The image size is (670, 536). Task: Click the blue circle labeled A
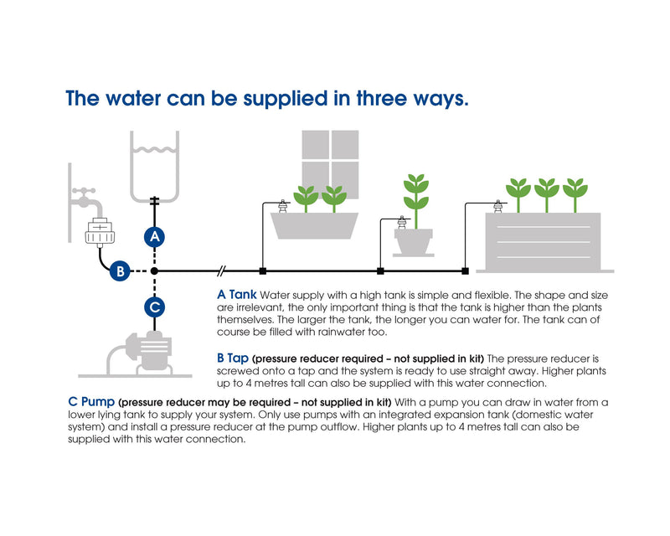155,236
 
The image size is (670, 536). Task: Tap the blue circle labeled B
120,271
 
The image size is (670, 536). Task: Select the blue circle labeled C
155,307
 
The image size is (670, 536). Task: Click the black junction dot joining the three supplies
154,271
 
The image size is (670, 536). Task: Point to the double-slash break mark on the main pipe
221,271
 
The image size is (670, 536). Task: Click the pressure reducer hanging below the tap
100,233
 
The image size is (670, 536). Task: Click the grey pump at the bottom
141,353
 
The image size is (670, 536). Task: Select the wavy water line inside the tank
155,150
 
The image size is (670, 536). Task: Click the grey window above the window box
330,163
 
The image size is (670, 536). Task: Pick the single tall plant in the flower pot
415,200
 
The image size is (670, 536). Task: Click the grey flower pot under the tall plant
413,242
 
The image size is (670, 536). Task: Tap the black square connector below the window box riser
263,271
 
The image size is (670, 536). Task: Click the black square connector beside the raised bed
466,271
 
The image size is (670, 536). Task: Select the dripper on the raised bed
497,207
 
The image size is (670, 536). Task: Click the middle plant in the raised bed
547,195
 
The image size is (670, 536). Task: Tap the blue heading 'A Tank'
237,295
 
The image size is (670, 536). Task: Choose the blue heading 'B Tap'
233,358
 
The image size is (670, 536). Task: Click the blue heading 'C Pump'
91,402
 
